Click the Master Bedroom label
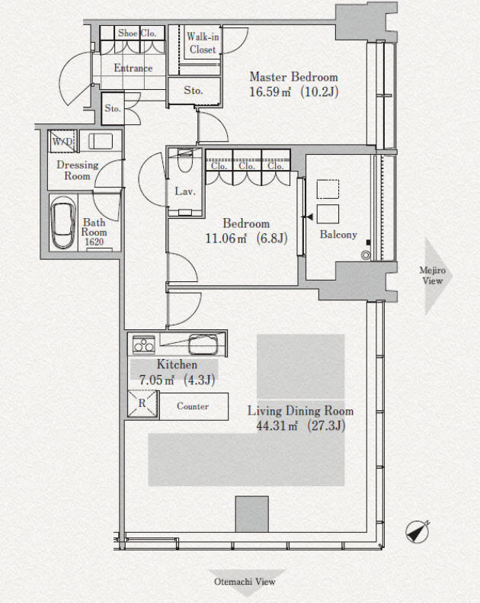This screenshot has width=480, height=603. [293, 77]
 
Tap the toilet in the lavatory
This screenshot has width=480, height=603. [184, 159]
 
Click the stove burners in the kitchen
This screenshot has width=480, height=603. [143, 344]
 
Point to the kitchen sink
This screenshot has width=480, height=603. [203, 344]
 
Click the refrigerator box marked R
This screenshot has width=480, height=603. [142, 403]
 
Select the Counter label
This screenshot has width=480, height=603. [193, 406]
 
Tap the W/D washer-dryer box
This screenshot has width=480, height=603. [62, 142]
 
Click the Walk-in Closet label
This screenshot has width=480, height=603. [203, 43]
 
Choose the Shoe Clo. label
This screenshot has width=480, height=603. [137, 33]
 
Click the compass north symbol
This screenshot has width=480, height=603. [418, 531]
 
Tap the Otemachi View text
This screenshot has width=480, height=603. [245, 582]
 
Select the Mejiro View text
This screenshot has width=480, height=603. [433, 275]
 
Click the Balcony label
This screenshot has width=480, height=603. [338, 235]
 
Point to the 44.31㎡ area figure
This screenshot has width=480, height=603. [277, 425]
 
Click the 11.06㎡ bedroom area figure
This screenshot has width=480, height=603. [226, 239]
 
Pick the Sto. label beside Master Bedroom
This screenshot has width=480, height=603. [193, 91]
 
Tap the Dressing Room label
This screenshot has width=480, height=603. [77, 170]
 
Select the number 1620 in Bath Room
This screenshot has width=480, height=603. [94, 242]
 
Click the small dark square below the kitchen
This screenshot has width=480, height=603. [251, 514]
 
